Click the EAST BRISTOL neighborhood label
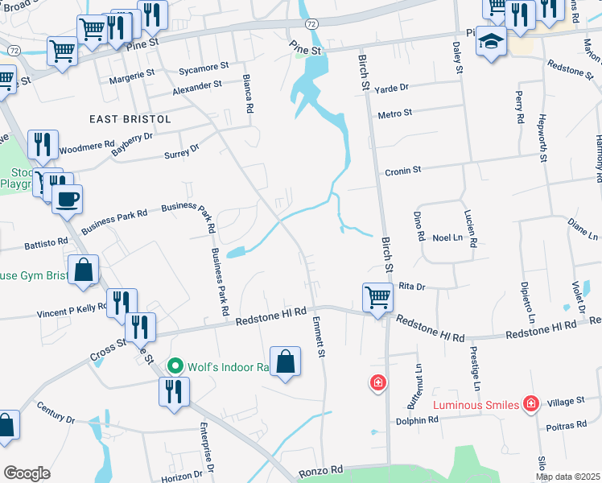coord(130,118)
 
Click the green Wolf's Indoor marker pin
coord(175,366)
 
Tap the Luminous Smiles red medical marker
coord(530,402)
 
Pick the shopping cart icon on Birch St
coord(377,297)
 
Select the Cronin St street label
coord(402,171)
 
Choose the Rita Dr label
coord(410,286)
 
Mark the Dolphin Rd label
coord(416,420)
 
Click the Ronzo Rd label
coord(321,469)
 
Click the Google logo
coord(27,473)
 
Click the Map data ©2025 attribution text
coord(567,477)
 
